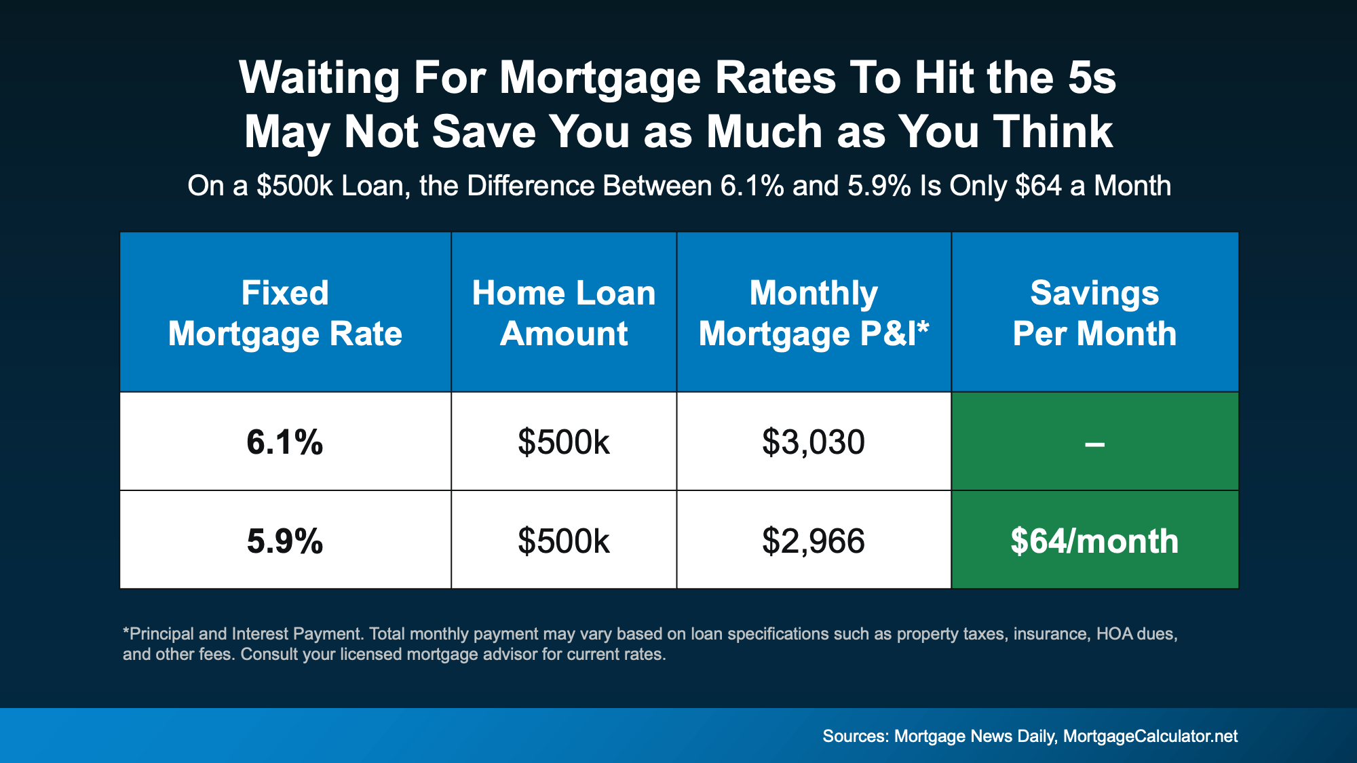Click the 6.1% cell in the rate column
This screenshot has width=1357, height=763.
pos(285,442)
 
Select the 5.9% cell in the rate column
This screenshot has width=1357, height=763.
pos(285,541)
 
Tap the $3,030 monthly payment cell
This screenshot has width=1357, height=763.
pos(814,442)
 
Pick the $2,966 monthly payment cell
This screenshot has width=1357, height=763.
pos(814,541)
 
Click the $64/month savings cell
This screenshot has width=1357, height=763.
pos(1094,541)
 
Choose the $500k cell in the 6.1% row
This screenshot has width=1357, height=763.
pos(564,442)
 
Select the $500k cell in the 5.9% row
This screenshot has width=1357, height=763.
pos(564,541)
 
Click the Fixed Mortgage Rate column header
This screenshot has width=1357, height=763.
pos(285,313)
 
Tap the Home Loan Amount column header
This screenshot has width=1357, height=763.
pos(564,313)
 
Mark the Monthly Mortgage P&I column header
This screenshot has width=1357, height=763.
pos(814,313)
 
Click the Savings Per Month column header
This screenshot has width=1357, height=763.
pos(1094,313)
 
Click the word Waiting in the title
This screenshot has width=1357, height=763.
pos(319,78)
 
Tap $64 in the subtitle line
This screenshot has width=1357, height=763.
pos(1038,186)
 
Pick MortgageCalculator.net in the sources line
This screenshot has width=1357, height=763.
pos(1150,737)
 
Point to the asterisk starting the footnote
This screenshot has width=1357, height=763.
pos(126,632)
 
